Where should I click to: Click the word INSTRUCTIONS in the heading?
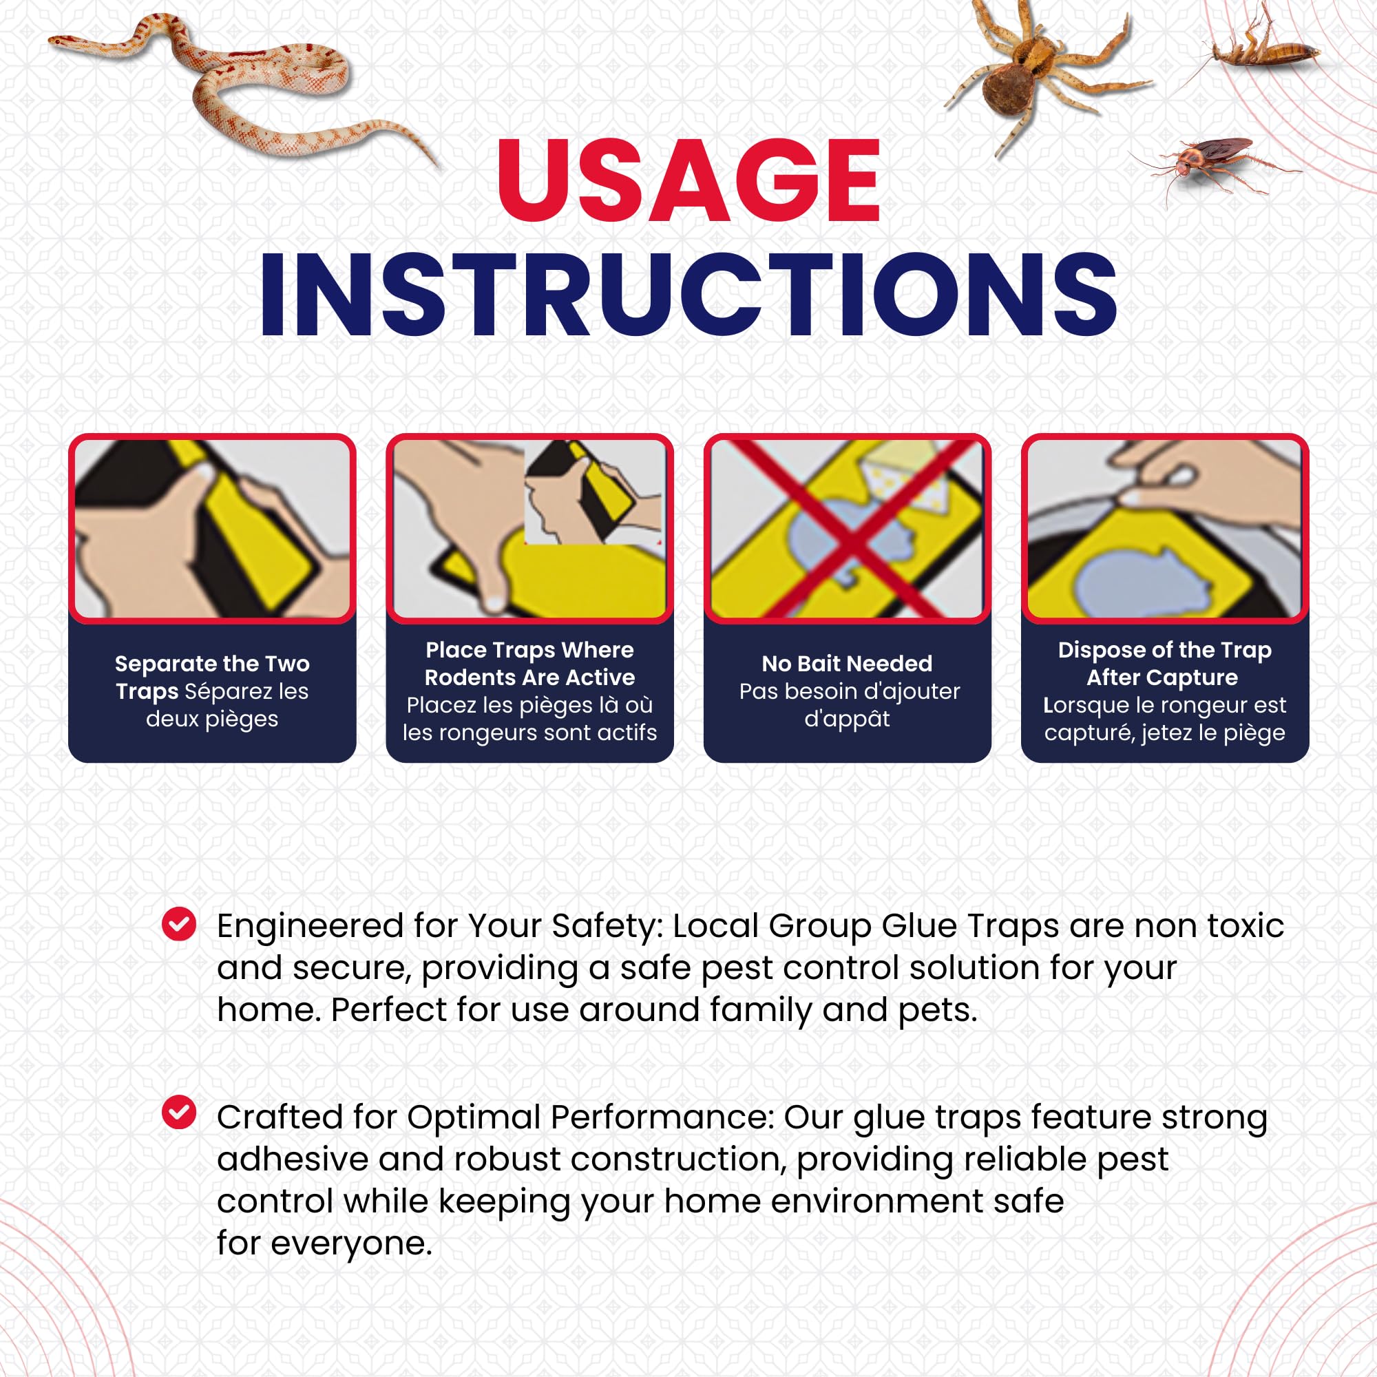pos(688,295)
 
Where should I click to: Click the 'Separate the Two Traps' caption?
pos(212,677)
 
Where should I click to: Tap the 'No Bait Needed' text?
pos(847,664)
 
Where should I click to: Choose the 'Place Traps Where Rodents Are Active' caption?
pos(529,664)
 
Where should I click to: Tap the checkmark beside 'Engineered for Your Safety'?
pos(179,924)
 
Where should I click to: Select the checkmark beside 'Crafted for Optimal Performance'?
pos(179,1112)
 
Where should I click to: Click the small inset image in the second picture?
pos(593,492)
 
